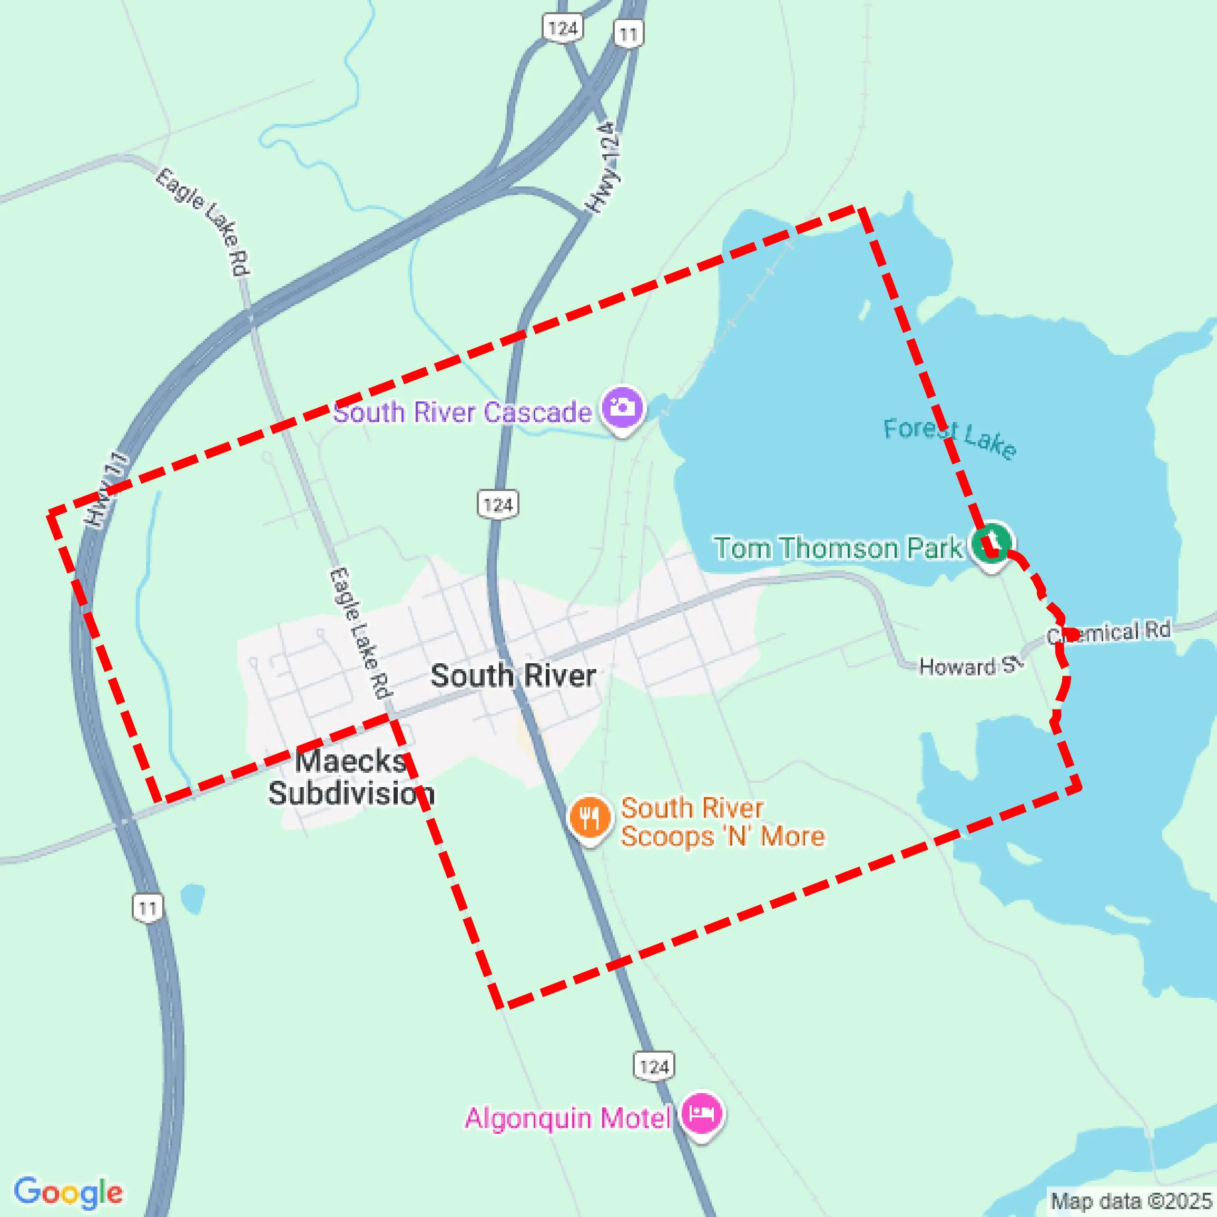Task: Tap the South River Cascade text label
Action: click(x=463, y=413)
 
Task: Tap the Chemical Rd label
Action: click(x=1108, y=632)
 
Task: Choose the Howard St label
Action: click(x=970, y=666)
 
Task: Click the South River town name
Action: click(x=513, y=676)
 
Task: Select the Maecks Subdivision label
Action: click(x=351, y=777)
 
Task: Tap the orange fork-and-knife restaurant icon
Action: click(x=590, y=818)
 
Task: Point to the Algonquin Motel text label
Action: click(x=567, y=1118)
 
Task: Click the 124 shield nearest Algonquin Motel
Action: click(x=654, y=1066)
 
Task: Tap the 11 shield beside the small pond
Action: click(x=148, y=908)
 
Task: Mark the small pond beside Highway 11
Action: click(x=192, y=898)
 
